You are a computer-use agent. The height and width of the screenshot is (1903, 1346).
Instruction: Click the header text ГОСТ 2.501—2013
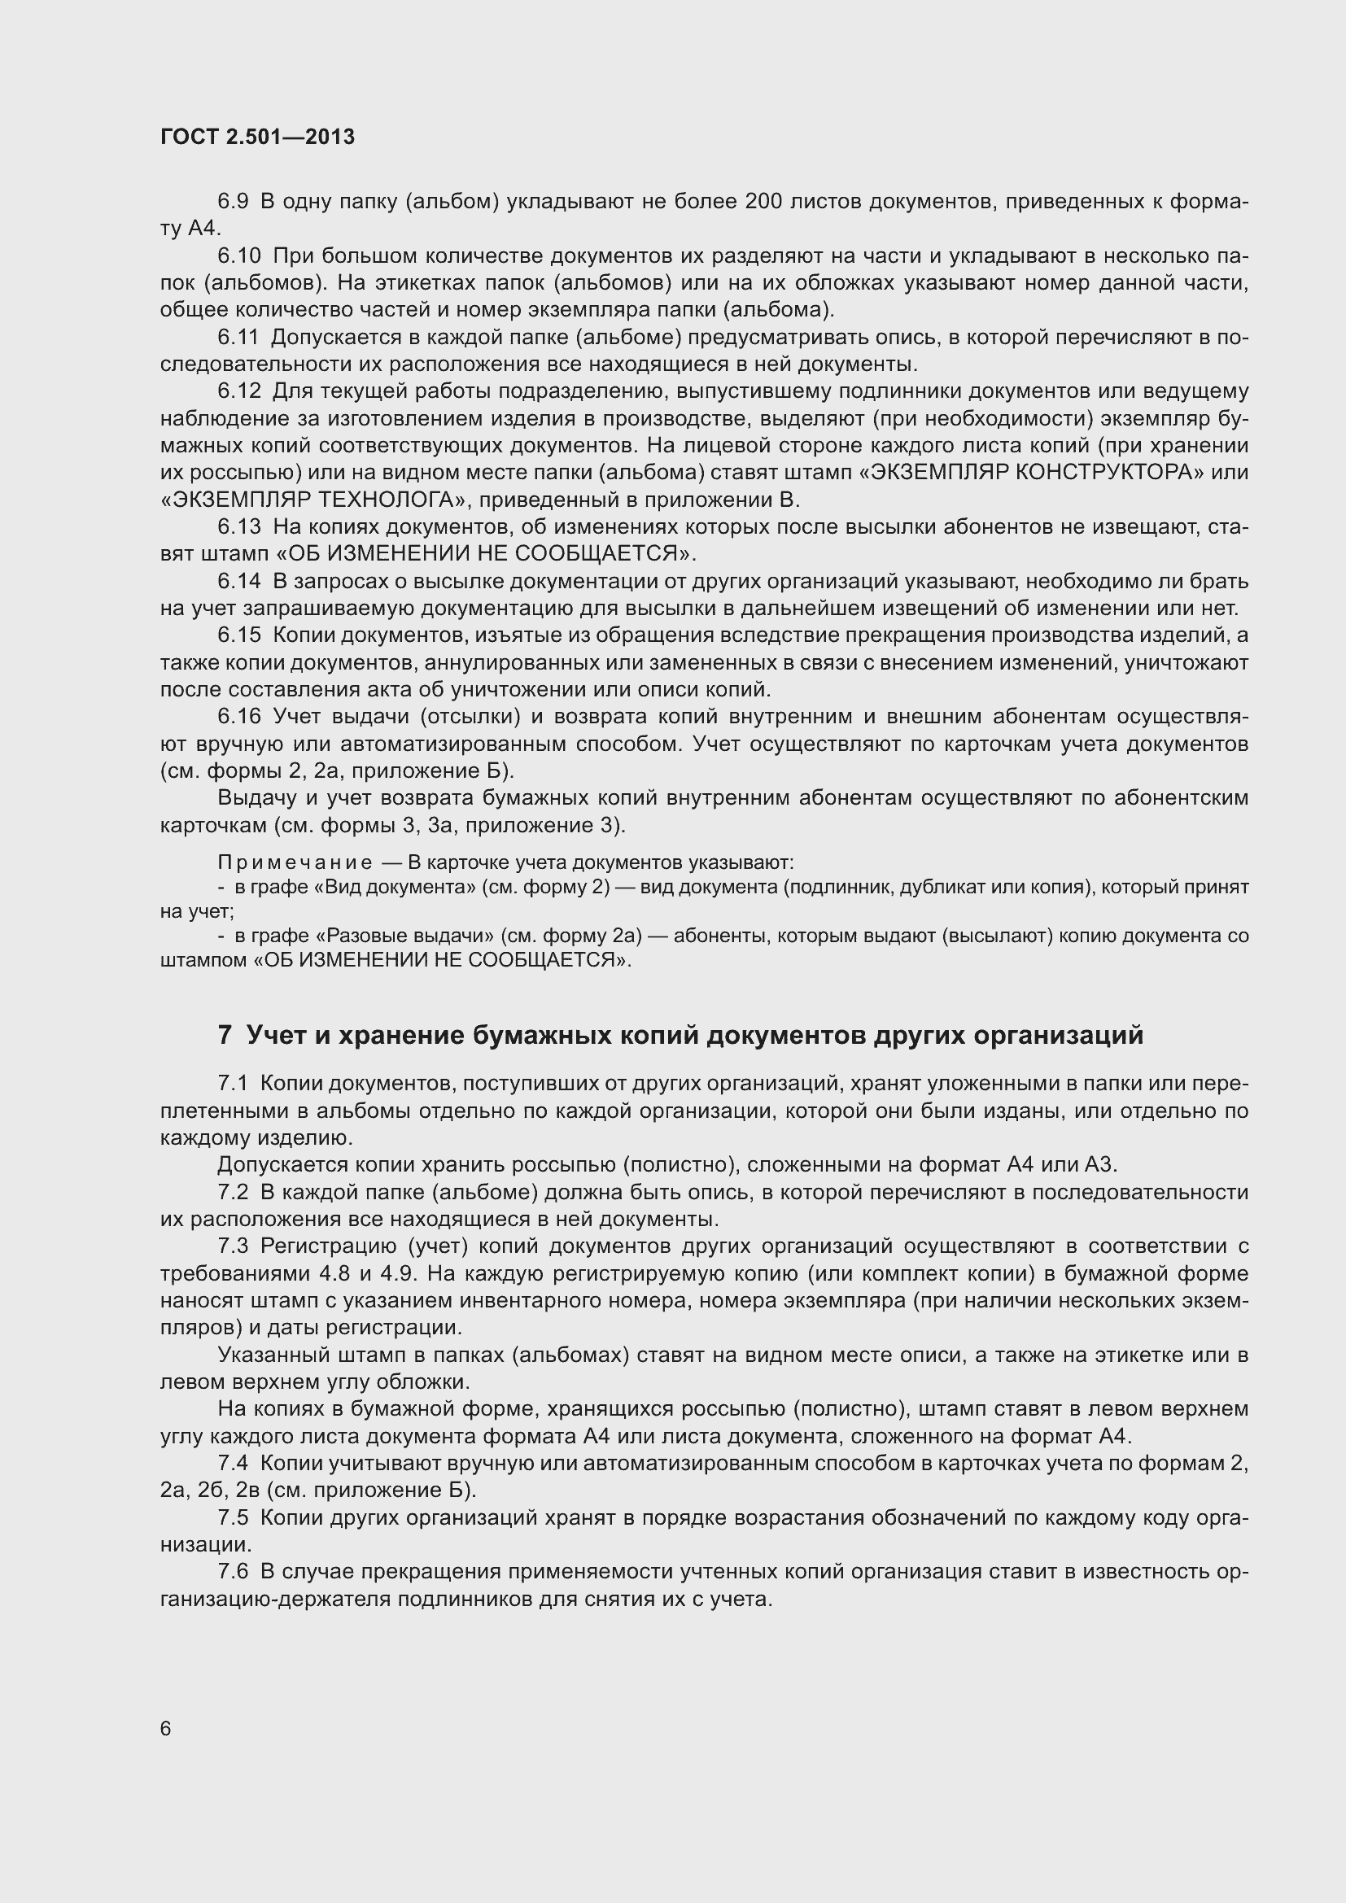pyautogui.click(x=257, y=137)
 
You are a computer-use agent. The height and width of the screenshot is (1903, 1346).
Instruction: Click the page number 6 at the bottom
pyautogui.click(x=166, y=1728)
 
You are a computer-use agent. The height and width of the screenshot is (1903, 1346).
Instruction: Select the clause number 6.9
pyautogui.click(x=233, y=202)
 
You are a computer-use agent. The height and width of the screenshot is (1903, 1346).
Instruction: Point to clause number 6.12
pyautogui.click(x=238, y=391)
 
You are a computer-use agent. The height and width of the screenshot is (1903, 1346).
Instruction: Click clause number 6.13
pyautogui.click(x=238, y=527)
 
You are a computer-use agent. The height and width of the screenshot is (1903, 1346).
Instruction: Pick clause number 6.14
pyautogui.click(x=238, y=581)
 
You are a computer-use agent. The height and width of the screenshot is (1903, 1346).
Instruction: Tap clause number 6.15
pyautogui.click(x=238, y=635)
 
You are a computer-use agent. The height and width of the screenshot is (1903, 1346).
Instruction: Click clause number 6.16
pyautogui.click(x=238, y=716)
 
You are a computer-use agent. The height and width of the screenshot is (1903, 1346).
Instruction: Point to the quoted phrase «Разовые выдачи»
pyautogui.click(x=405, y=936)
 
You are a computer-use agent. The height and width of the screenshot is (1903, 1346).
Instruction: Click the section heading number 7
pyautogui.click(x=225, y=1035)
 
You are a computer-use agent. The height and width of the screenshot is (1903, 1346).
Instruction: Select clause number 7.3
pyautogui.click(x=233, y=1246)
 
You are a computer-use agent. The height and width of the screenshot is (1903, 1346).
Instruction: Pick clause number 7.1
pyautogui.click(x=233, y=1083)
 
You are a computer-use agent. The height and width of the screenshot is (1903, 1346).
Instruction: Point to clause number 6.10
pyautogui.click(x=238, y=256)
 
